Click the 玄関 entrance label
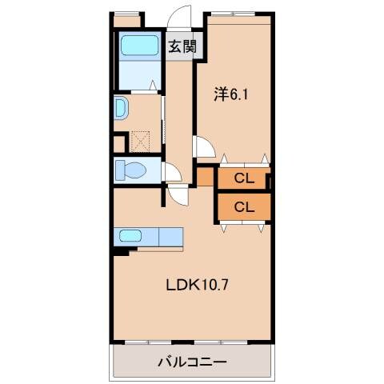pos(182,46)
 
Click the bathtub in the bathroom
pos(140,46)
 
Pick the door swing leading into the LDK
pos(178,194)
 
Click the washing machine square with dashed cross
pos(141,142)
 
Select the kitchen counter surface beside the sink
pos(170,237)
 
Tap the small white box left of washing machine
pos(119,144)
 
